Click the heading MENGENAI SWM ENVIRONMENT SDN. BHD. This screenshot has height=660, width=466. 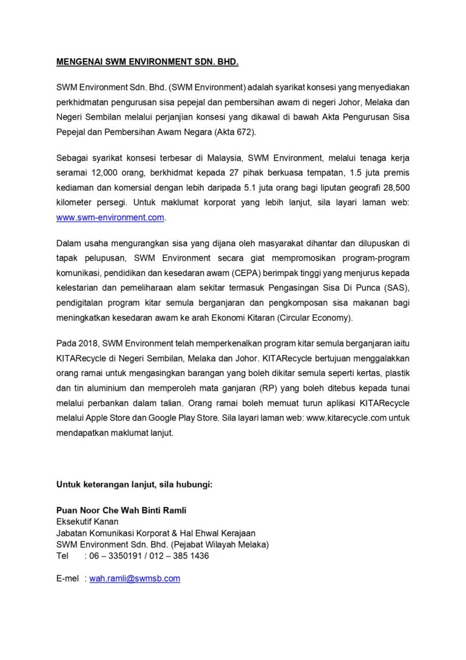pyautogui.click(x=147, y=62)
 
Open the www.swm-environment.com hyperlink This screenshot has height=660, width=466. pyautogui.click(x=110, y=217)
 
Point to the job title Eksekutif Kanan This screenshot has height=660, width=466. pyautogui.click(x=87, y=521)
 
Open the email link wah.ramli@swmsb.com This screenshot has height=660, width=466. pyautogui.click(x=135, y=579)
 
